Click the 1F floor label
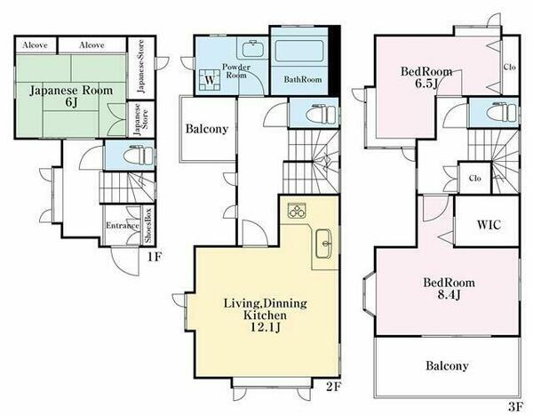(x=154, y=257)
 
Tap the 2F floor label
(x=333, y=387)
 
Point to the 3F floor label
(x=515, y=406)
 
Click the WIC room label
(x=489, y=225)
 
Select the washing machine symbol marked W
(x=210, y=80)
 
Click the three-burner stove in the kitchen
(x=297, y=211)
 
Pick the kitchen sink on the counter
(x=323, y=244)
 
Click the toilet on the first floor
(x=139, y=156)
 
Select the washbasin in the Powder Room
(x=252, y=49)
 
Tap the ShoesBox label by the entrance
(x=148, y=225)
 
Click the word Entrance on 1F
(x=123, y=226)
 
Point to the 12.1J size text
(x=265, y=327)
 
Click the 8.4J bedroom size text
(x=449, y=294)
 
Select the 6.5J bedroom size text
(x=426, y=84)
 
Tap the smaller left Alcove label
(x=35, y=45)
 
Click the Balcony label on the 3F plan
(x=447, y=365)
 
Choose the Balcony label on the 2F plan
(x=207, y=129)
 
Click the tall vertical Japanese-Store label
(x=140, y=67)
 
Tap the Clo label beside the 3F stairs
(x=475, y=178)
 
